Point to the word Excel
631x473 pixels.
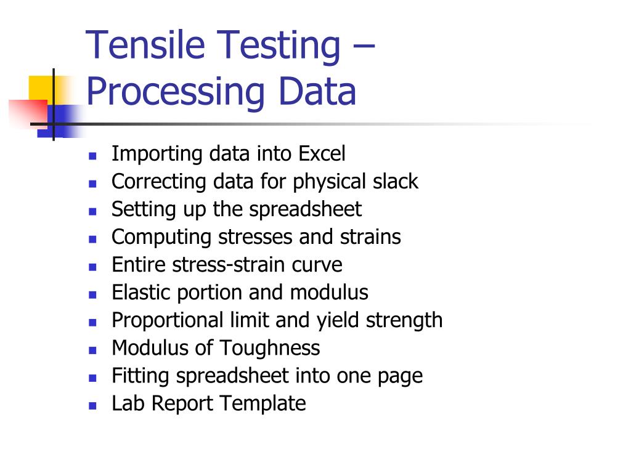(322, 153)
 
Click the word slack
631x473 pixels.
(395, 182)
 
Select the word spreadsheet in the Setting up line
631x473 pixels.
(306, 209)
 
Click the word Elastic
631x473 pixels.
(141, 293)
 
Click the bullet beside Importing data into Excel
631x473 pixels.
(92, 155)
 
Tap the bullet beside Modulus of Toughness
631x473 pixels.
(92, 350)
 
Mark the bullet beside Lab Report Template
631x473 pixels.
(92, 405)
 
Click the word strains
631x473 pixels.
(370, 237)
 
